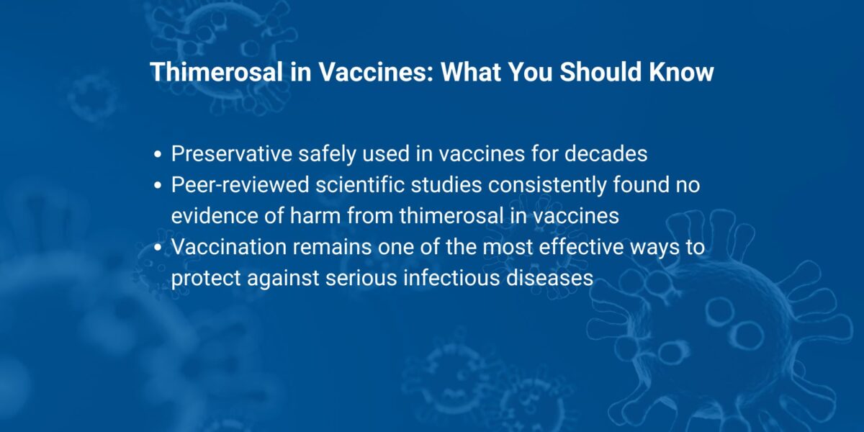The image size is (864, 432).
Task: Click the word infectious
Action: point(445,278)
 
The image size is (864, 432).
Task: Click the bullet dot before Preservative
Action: point(158,155)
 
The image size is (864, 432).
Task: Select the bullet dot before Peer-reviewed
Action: point(158,186)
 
